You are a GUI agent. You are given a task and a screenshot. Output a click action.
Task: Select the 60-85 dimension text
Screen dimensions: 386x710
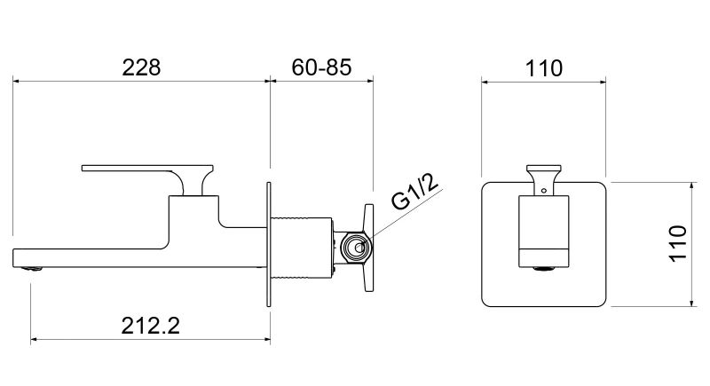(x=319, y=67)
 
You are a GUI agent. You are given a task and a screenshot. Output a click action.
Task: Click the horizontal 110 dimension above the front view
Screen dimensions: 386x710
(x=543, y=67)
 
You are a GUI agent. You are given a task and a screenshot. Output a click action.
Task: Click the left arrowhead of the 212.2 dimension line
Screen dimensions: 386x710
(x=35, y=339)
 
